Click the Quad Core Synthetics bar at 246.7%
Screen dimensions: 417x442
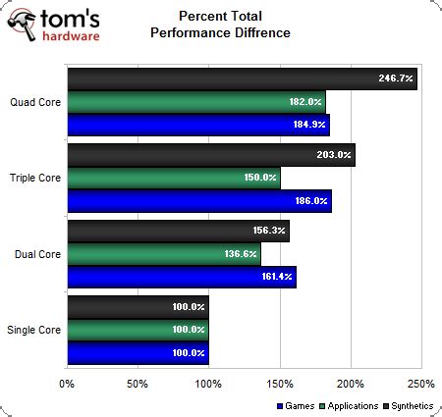(x=242, y=78)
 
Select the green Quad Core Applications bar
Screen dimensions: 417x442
(x=195, y=102)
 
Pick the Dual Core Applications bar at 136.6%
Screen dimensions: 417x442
(x=163, y=254)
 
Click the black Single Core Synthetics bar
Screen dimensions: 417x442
(x=138, y=308)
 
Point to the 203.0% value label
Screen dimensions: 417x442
(x=335, y=154)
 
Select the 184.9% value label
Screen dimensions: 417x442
(x=309, y=125)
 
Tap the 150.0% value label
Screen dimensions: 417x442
(x=260, y=178)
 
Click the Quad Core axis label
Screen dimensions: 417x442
(x=35, y=101)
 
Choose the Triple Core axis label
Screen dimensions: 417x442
(x=34, y=178)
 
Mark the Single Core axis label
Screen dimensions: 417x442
(x=34, y=331)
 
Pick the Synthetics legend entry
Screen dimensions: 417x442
(x=410, y=404)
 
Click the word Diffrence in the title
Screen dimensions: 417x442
(x=249, y=32)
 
